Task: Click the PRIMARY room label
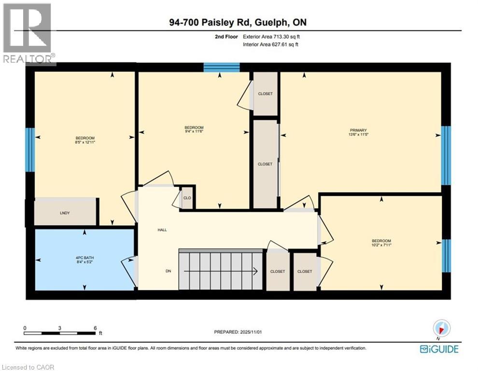(x=358, y=130)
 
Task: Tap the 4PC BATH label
(x=85, y=258)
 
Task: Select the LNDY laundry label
(x=65, y=213)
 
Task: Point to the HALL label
(x=162, y=230)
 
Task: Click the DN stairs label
(x=169, y=271)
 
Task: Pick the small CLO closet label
(x=187, y=198)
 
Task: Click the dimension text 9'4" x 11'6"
(x=194, y=131)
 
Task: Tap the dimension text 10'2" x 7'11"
(x=381, y=245)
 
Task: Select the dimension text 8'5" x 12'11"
(x=85, y=142)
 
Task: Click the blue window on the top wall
(x=222, y=67)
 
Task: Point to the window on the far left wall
(x=30, y=149)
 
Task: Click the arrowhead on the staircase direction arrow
(x=255, y=271)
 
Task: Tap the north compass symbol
(x=442, y=328)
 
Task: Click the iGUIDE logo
(x=439, y=349)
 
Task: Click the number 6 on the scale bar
(x=96, y=328)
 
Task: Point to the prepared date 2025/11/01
(x=250, y=332)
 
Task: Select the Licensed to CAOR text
(x=28, y=367)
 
